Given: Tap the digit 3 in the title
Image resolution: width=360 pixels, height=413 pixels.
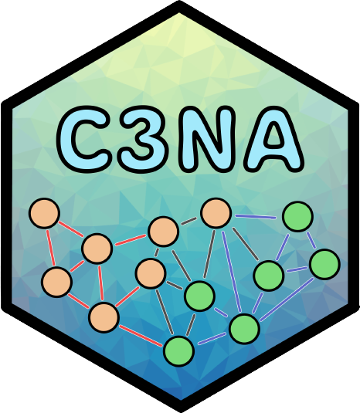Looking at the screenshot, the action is click(x=143, y=139).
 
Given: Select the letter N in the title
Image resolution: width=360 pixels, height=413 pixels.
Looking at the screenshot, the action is click(x=207, y=139).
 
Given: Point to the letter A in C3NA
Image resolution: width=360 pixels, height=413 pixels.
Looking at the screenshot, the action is click(x=274, y=139).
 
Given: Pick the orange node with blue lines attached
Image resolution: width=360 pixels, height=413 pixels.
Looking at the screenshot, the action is click(x=216, y=213).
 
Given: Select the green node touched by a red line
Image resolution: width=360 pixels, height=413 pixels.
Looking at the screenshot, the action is click(x=178, y=351).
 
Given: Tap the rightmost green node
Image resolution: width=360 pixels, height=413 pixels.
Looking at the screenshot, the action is click(x=324, y=264).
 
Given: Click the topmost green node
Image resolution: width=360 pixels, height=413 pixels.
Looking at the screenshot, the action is click(x=297, y=216).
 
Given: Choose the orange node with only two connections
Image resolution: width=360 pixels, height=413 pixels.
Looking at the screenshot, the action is click(x=44, y=213).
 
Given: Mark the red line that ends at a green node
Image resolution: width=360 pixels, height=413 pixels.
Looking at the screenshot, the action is click(x=141, y=336).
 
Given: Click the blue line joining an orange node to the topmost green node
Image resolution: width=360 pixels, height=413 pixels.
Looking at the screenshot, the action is click(x=256, y=217).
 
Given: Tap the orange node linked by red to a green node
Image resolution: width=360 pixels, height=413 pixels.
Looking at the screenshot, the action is click(x=104, y=317).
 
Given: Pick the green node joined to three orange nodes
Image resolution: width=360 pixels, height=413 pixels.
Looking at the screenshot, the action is click(x=199, y=296).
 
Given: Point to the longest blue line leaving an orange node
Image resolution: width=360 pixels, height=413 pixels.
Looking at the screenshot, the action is click(x=232, y=271).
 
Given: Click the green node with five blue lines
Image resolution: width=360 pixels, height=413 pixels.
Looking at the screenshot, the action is click(x=244, y=329).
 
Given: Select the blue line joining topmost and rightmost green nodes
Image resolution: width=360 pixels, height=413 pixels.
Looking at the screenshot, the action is click(x=311, y=240).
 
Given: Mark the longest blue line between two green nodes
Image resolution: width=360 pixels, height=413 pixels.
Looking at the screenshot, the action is click(x=287, y=300).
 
